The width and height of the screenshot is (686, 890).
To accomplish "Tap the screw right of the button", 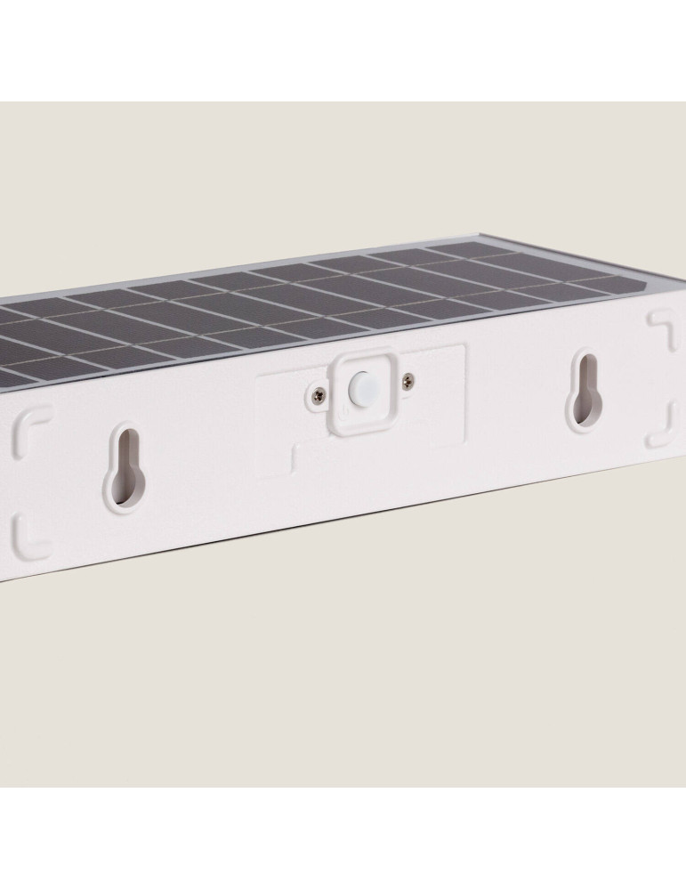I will tap(407, 381).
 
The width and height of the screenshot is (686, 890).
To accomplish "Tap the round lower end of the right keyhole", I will tap(585, 400).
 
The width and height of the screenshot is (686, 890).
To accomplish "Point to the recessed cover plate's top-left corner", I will tap(258, 378).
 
